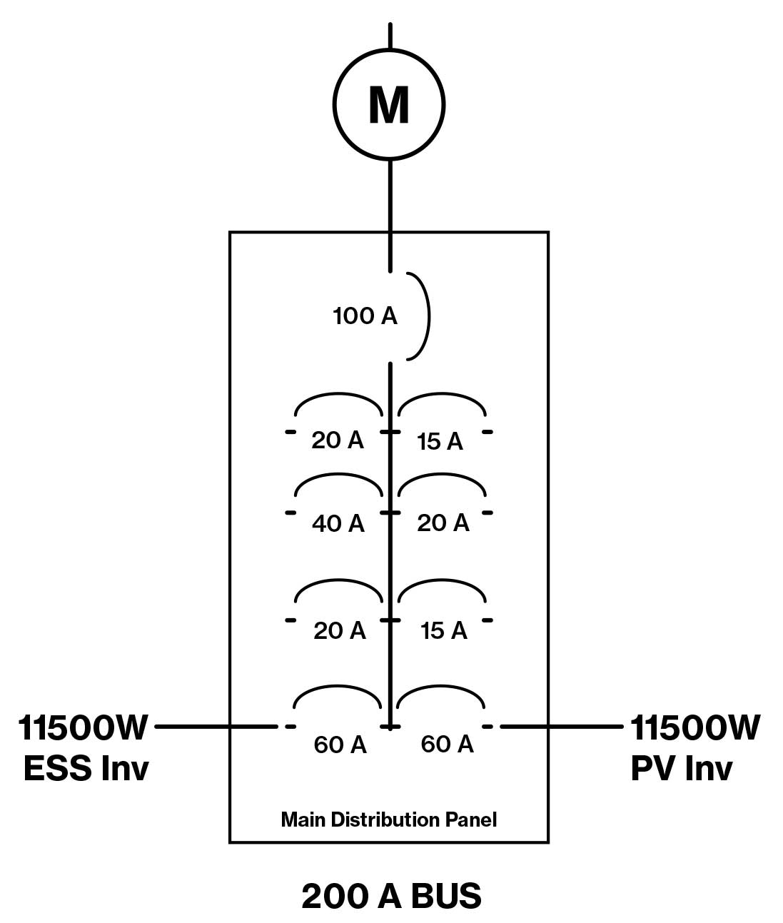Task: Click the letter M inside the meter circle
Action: tap(389, 105)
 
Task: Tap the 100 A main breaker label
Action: tap(365, 316)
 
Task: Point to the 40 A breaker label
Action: tap(338, 523)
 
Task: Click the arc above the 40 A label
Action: tap(338, 477)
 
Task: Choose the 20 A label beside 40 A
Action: tap(443, 523)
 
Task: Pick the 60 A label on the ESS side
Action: tap(340, 745)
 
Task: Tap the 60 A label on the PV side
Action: tap(448, 744)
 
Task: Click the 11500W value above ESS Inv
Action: tap(83, 727)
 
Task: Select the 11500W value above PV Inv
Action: tap(695, 727)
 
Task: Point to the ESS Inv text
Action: tap(86, 768)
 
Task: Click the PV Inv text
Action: tap(682, 768)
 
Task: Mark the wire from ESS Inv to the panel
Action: tap(214, 727)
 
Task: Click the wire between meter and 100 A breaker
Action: tap(390, 214)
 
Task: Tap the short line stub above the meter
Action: tap(390, 36)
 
